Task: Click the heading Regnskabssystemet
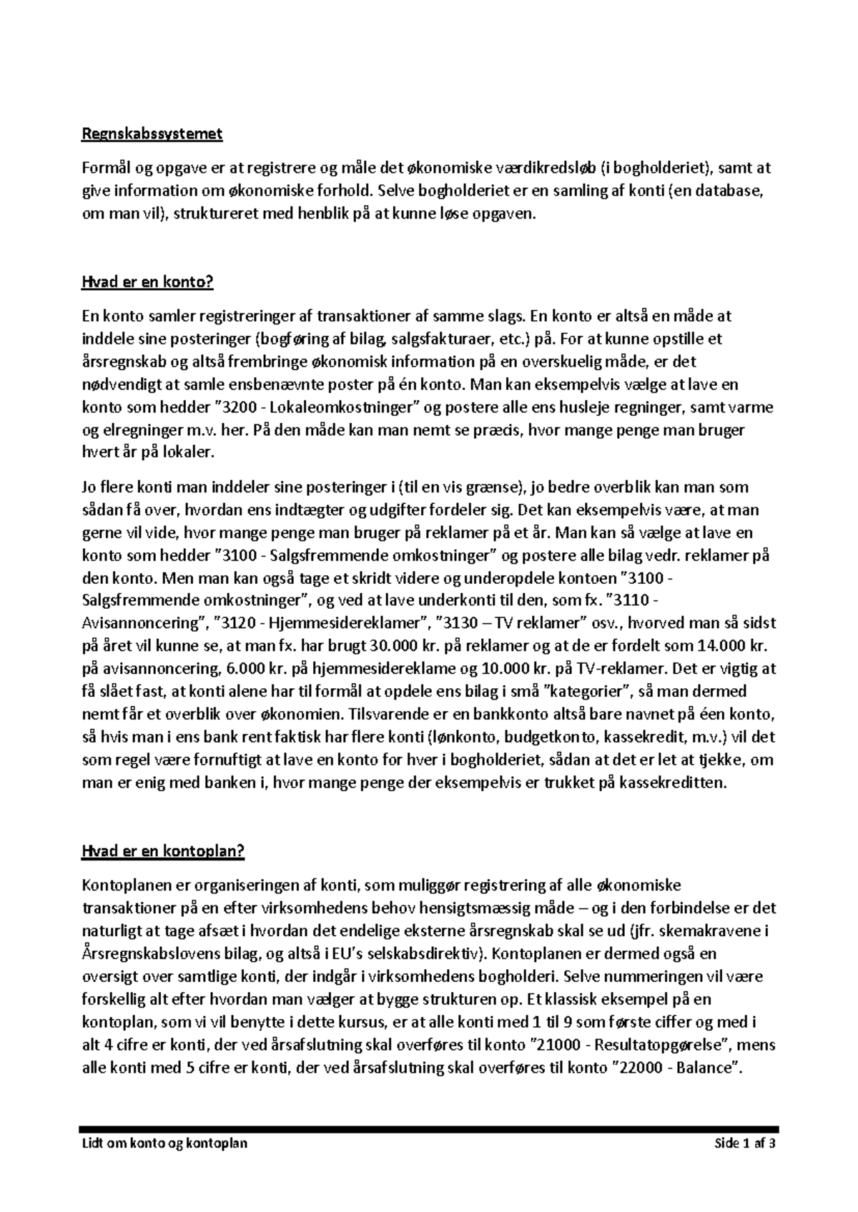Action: (x=152, y=134)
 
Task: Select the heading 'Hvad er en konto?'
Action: (x=148, y=282)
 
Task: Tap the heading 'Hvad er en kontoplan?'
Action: (x=164, y=851)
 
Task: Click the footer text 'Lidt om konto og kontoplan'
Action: (x=165, y=1143)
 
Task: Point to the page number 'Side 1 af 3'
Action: (x=745, y=1143)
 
